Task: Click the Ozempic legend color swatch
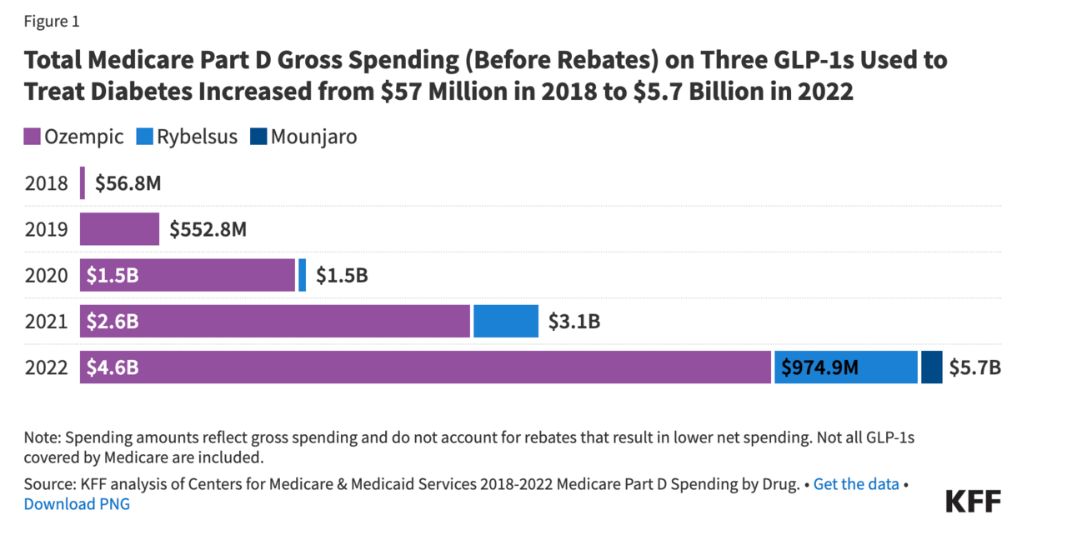tap(33, 137)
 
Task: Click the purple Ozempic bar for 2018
tap(83, 183)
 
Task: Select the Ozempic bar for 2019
tap(119, 229)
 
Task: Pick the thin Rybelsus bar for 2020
tap(302, 275)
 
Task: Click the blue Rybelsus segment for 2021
tap(506, 321)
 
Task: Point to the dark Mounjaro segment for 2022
tap(931, 367)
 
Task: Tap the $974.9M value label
tap(819, 367)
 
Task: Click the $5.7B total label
tap(974, 367)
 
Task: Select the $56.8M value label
tap(128, 183)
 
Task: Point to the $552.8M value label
tap(208, 229)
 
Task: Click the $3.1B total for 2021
tap(574, 321)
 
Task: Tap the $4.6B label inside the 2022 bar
tap(113, 367)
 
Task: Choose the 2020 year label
tap(46, 275)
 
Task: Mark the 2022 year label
tap(46, 367)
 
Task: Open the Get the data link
tap(856, 484)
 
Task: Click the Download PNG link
tap(77, 504)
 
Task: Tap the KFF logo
tap(973, 501)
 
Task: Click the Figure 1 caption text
tap(52, 22)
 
